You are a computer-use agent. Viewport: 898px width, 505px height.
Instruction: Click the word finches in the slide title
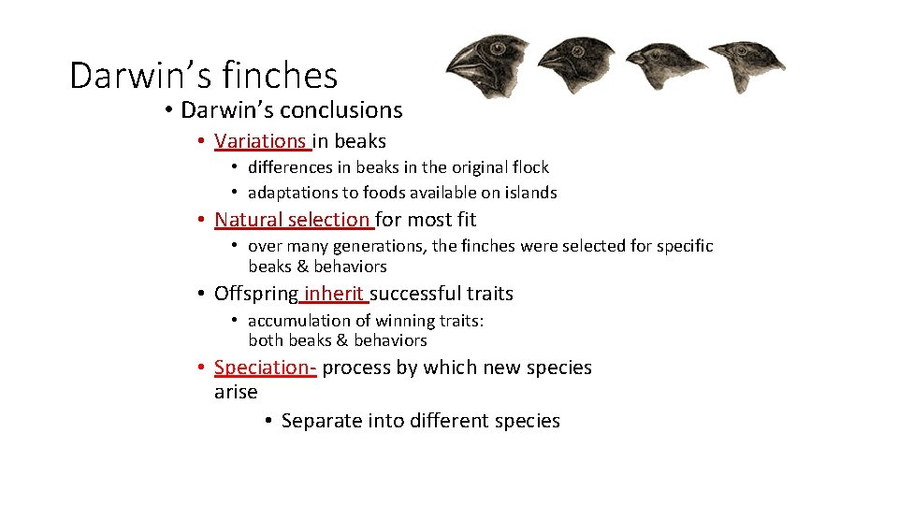[x=280, y=75]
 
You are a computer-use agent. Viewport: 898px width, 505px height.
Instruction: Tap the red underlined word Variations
[x=260, y=141]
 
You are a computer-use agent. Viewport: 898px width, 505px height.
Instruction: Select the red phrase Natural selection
[x=292, y=220]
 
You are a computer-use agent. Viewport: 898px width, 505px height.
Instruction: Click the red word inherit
[x=333, y=294]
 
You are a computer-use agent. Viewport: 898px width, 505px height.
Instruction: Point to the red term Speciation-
[x=266, y=368]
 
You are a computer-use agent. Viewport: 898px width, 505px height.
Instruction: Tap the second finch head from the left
[x=574, y=64]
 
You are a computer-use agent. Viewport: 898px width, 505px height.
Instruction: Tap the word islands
[x=529, y=193]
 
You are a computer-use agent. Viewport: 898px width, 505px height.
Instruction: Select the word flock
[x=525, y=167]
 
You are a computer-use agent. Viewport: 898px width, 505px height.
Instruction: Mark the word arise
[x=235, y=392]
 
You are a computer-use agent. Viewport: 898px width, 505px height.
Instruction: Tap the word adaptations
[x=293, y=193]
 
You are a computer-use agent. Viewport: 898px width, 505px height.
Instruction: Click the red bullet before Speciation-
[x=202, y=368]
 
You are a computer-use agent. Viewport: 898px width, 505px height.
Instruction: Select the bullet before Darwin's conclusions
[x=168, y=110]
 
